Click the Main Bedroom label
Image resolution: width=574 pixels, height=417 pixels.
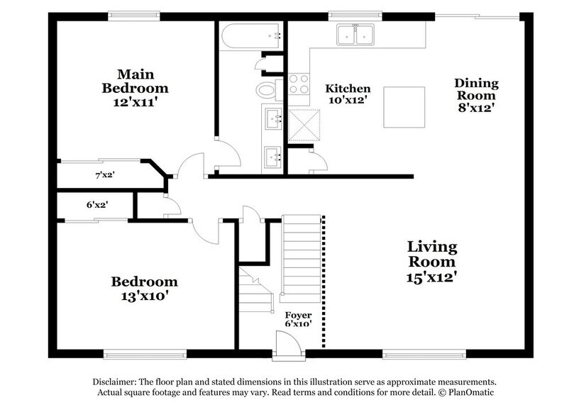[135, 88]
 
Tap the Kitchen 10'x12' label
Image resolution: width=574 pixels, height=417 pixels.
[348, 95]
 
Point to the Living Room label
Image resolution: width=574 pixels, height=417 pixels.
[431, 262]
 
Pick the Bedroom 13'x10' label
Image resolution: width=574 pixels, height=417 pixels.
[144, 288]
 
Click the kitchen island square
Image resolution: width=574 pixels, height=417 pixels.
[404, 107]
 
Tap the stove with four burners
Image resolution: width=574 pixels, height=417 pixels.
[298, 84]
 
